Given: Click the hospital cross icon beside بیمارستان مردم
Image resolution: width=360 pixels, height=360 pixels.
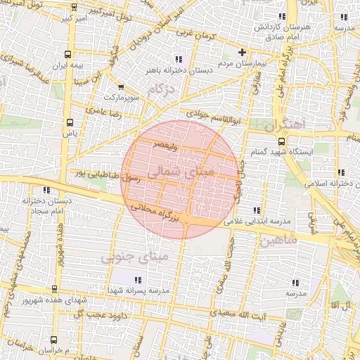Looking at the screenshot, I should [243, 52].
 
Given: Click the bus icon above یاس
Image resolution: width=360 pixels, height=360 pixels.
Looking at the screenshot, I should [68, 122].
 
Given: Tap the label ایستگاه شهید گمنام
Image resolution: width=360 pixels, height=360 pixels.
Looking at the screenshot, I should [276, 152].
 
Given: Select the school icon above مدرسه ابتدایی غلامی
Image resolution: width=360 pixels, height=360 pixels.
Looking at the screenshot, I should [257, 210].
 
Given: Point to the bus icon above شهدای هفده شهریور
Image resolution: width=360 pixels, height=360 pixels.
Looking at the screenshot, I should [55, 288].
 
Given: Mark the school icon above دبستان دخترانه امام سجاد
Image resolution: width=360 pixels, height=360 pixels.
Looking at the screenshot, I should [46, 190].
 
